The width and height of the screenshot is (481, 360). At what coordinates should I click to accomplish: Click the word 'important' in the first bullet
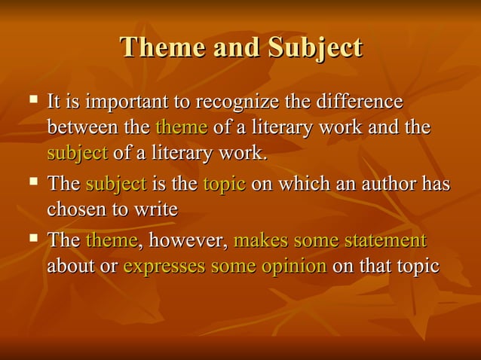coord(123,102)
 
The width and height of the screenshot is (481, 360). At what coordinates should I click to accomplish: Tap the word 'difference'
coord(359,102)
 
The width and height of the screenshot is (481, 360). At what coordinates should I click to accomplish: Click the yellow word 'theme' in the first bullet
coord(181,127)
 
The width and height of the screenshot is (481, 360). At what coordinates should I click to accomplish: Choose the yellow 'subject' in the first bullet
coord(77,153)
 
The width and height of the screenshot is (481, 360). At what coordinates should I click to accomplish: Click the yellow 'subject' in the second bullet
coord(115,184)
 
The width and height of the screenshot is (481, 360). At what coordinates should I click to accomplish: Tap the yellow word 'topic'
coord(224,185)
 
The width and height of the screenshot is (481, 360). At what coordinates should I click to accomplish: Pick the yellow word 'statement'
coord(384,241)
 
